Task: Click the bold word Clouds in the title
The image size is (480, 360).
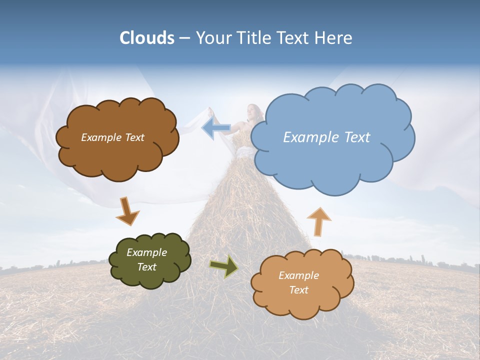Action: pyautogui.click(x=147, y=38)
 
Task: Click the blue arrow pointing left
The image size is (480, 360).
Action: pyautogui.click(x=215, y=128)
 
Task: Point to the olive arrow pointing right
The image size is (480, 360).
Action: pyautogui.click(x=224, y=266)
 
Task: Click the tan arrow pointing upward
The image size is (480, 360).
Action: pyautogui.click(x=319, y=221)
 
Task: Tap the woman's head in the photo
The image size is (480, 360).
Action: pyautogui.click(x=253, y=111)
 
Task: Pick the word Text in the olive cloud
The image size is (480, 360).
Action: pyautogui.click(x=147, y=267)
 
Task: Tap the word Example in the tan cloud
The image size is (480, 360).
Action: pyautogui.click(x=298, y=275)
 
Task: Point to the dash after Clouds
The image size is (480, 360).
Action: pyautogui.click(x=184, y=38)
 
